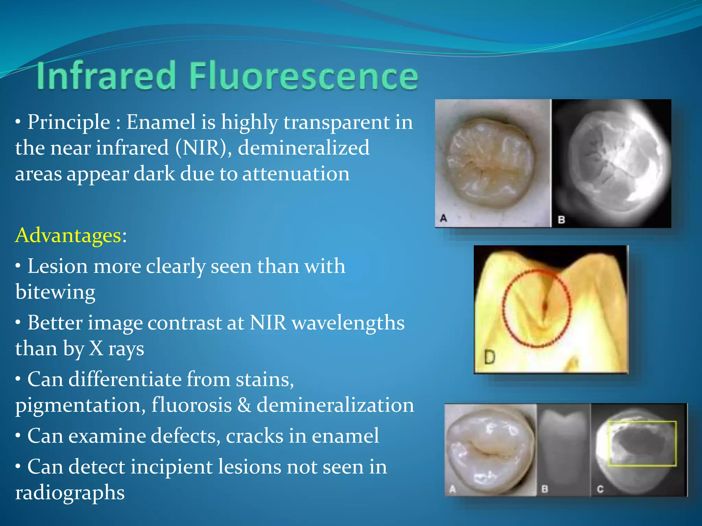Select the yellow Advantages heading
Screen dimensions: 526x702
[68, 236]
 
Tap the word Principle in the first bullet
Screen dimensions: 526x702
[69, 122]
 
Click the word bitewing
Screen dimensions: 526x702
[55, 292]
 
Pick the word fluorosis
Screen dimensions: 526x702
[192, 405]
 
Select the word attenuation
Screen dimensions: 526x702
[296, 174]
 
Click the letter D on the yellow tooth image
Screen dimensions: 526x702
[489, 358]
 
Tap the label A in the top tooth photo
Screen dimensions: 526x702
[443, 218]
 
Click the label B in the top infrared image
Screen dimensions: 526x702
[561, 220]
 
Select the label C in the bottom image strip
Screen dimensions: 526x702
[600, 489]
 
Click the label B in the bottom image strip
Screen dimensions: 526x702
[544, 489]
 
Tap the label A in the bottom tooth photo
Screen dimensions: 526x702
[452, 489]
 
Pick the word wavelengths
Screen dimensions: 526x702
[348, 323]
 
